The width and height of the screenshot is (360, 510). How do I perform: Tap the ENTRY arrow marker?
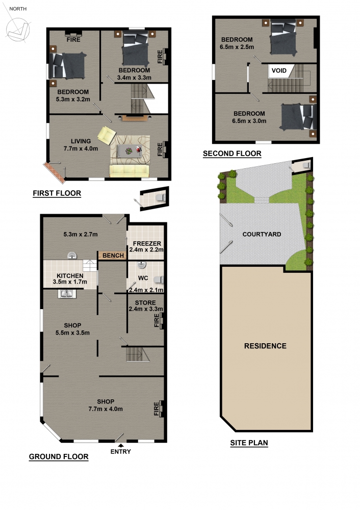[x=121, y=446]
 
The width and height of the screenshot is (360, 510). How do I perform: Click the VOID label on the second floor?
[x=279, y=70]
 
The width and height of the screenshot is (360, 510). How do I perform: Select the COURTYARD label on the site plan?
[x=262, y=234]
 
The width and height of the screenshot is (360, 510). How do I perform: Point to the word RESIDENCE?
[x=265, y=346]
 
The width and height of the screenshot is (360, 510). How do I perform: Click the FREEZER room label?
[x=147, y=243]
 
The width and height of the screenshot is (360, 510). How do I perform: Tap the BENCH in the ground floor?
[x=113, y=256]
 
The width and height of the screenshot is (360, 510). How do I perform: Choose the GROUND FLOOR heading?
[x=59, y=456]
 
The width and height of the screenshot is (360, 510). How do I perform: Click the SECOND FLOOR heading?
[x=232, y=154]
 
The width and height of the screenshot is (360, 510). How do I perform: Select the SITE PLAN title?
[x=249, y=443]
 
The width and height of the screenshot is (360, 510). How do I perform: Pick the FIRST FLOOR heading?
[x=57, y=193]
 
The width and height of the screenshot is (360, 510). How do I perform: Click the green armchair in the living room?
[x=107, y=135]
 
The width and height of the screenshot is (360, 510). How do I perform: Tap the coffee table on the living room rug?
[x=130, y=151]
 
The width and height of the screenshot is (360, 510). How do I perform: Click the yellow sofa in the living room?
[x=129, y=171]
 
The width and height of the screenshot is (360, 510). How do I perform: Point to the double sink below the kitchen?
[x=67, y=294]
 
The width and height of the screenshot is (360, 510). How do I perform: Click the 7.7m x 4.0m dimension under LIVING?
[x=81, y=148]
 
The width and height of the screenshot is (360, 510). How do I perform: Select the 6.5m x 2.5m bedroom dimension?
[x=237, y=47]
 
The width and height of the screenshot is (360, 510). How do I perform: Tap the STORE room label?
[x=145, y=302]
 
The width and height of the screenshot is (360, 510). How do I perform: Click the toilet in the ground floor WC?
[x=159, y=279]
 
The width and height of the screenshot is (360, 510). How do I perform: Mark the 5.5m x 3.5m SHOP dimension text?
[x=72, y=333]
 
